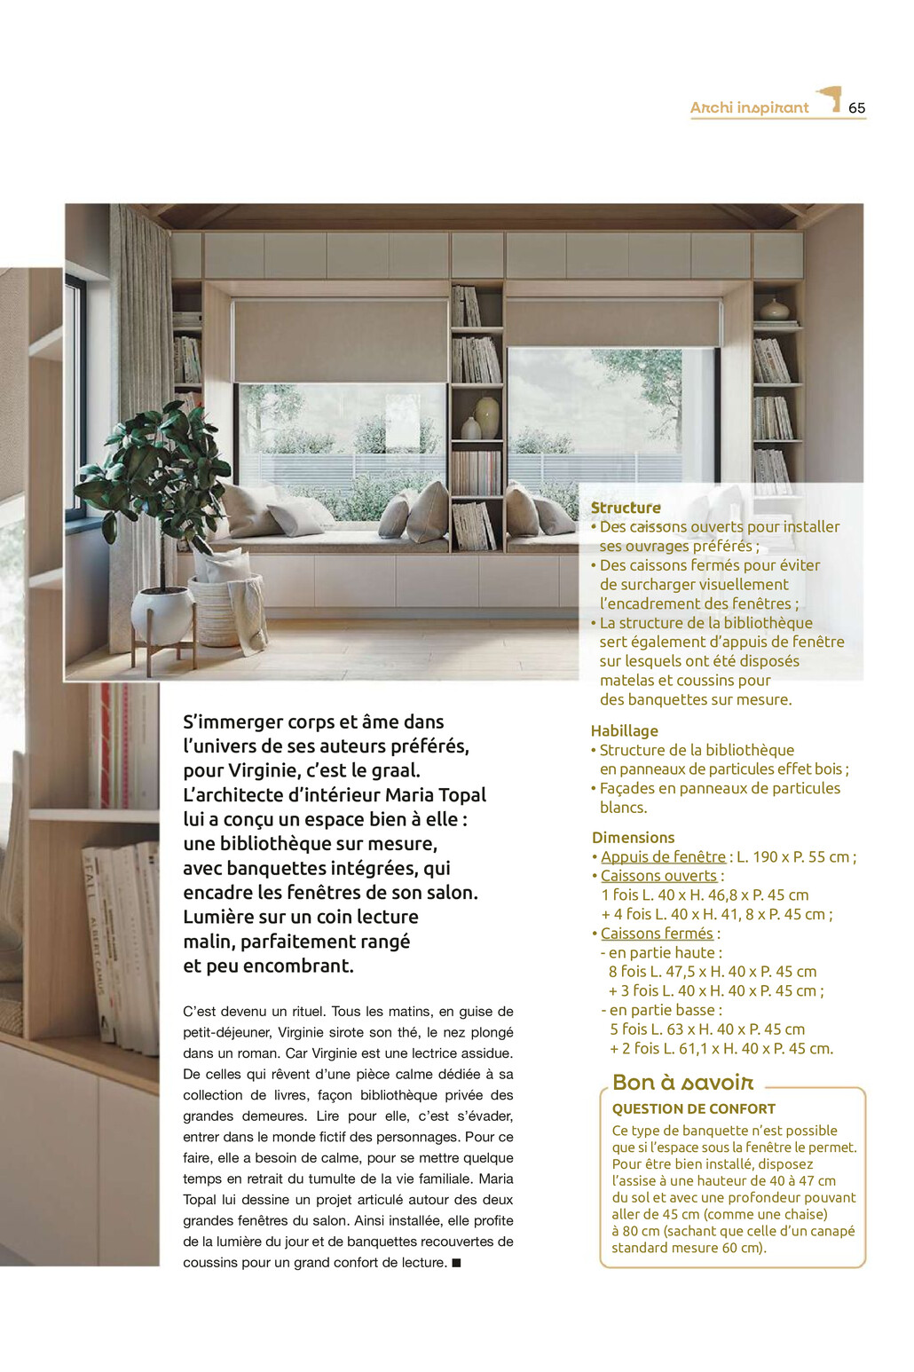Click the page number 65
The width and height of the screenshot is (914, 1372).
[856, 108]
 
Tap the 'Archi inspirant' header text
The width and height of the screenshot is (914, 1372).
[749, 108]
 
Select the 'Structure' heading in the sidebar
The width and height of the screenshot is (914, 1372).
[626, 508]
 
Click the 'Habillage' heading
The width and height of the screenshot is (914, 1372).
[624, 730]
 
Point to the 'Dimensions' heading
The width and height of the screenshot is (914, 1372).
[633, 837]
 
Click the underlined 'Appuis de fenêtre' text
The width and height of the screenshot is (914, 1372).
[663, 856]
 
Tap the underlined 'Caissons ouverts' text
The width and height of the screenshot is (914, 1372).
[658, 876]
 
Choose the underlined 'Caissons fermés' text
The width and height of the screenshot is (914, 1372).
[657, 934]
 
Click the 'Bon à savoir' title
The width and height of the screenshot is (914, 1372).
[682, 1083]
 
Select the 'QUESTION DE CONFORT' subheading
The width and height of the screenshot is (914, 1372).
[693, 1108]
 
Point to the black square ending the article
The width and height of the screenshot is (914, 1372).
[456, 1263]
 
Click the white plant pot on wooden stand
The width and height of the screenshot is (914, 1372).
[163, 614]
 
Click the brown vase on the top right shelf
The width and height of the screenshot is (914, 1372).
[774, 309]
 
